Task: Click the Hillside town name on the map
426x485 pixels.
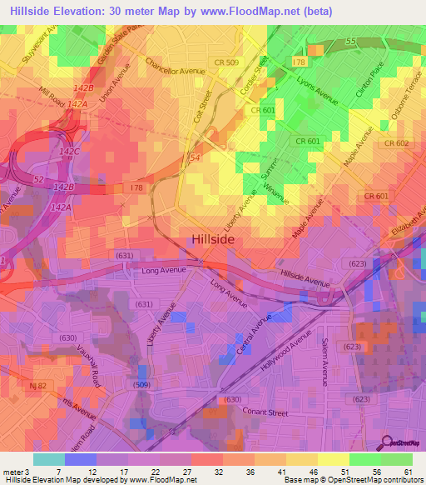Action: (213, 238)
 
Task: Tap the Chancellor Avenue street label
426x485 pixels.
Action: (175, 66)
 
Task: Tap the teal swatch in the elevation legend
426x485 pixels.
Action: (48, 459)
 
